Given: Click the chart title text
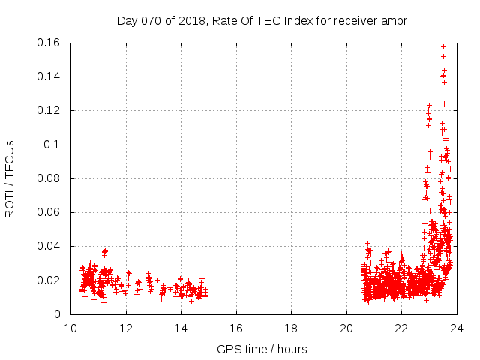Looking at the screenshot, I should pyautogui.click(x=262, y=20).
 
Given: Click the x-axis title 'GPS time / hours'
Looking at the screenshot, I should pyautogui.click(x=262, y=349).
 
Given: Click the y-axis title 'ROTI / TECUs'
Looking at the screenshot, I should pyautogui.click(x=10, y=178).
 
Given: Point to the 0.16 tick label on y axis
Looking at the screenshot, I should pyautogui.click(x=50, y=43).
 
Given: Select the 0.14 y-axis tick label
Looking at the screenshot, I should pyautogui.click(x=50, y=76).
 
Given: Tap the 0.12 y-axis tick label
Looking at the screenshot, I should pyautogui.click(x=50, y=110).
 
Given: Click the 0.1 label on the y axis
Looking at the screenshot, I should pyautogui.click(x=53, y=145).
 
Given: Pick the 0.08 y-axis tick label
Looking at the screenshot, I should pyautogui.click(x=50, y=178).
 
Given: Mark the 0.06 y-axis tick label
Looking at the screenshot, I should pyautogui.click(x=50, y=212).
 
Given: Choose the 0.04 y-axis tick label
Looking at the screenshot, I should pyautogui.click(x=50, y=246).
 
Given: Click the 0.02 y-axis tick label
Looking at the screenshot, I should pyautogui.click(x=50, y=280).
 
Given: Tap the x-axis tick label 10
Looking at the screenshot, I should pyautogui.click(x=70, y=328).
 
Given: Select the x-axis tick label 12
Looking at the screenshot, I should pyautogui.click(x=126, y=328).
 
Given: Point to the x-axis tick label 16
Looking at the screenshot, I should pyautogui.click(x=236, y=328).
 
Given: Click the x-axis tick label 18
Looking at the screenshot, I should pyautogui.click(x=291, y=328).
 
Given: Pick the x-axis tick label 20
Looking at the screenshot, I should pyautogui.click(x=346, y=328).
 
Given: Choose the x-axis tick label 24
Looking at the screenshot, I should pyautogui.click(x=457, y=328).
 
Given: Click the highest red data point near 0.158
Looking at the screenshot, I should pyautogui.click(x=443, y=46).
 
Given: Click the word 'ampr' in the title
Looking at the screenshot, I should pyautogui.click(x=393, y=20).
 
